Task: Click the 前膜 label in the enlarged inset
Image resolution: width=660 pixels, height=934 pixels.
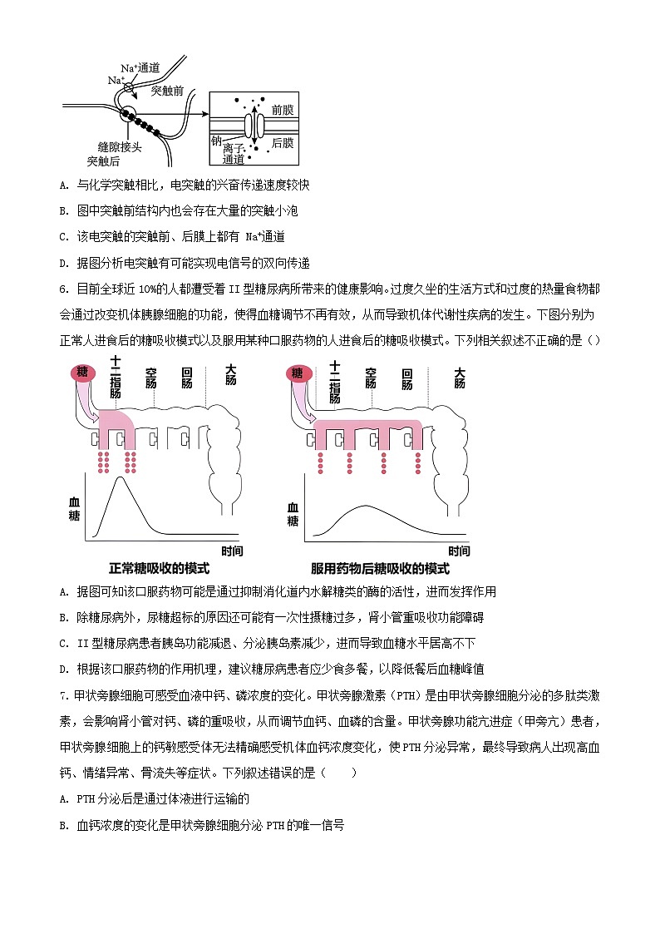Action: click(282, 110)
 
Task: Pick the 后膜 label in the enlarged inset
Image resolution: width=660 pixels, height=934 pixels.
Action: click(282, 143)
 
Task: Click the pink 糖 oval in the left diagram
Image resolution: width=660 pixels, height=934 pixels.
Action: click(82, 373)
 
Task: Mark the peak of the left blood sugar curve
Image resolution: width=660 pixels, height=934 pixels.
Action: click(122, 477)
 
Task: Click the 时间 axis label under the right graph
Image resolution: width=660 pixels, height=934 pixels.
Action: click(459, 551)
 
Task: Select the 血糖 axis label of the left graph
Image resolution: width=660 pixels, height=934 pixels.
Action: click(73, 510)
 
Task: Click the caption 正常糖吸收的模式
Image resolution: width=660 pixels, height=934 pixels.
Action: click(159, 569)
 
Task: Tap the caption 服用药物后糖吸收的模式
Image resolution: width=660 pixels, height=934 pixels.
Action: click(380, 569)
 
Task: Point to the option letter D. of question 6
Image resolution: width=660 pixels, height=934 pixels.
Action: click(65, 669)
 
